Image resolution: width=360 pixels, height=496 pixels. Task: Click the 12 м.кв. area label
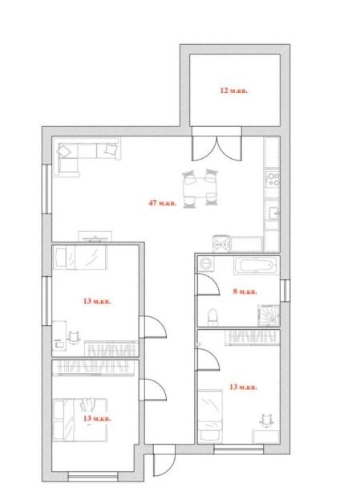(x=234, y=91)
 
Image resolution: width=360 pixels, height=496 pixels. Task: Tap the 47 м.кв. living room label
(x=163, y=203)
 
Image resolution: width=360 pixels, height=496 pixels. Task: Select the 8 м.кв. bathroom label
(x=245, y=291)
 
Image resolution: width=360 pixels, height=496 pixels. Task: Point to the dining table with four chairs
(x=200, y=189)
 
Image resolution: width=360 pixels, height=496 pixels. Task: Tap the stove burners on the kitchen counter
(x=273, y=180)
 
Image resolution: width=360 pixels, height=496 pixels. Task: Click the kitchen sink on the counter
(x=273, y=213)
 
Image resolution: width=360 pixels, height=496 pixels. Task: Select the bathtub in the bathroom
(x=256, y=265)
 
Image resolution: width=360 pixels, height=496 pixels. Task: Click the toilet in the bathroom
(x=212, y=317)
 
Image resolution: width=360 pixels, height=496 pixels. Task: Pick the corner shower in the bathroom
(x=269, y=315)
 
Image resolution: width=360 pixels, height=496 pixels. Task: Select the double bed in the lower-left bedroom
(x=80, y=420)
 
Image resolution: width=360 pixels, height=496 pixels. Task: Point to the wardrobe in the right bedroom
(x=253, y=337)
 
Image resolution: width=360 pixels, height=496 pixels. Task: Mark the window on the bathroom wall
(x=285, y=291)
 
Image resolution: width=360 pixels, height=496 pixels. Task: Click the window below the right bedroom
(x=239, y=449)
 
